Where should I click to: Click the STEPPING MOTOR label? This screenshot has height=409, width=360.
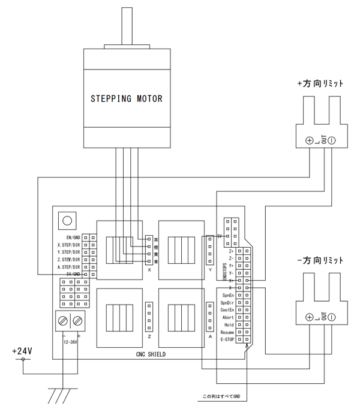click(x=126, y=98)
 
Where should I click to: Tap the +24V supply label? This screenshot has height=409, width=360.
click(x=22, y=350)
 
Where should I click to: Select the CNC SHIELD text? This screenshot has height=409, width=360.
click(x=151, y=354)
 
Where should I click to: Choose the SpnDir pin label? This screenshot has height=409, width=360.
click(x=227, y=303)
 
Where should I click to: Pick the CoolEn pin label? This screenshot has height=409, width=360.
click(x=227, y=310)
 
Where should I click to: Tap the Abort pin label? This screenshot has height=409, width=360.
click(x=229, y=317)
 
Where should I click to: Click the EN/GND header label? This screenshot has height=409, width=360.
click(x=73, y=237)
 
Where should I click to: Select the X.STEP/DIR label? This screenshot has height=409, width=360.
click(x=68, y=245)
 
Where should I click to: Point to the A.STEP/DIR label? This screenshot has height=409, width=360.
click(x=68, y=266)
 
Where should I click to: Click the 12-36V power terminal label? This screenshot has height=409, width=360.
click(x=71, y=342)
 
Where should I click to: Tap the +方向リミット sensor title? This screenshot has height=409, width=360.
click(x=320, y=83)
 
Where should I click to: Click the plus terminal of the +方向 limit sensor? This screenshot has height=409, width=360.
click(x=310, y=140)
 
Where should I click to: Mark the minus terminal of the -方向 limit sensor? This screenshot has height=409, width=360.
click(x=331, y=317)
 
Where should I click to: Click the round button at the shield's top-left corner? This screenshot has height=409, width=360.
click(x=65, y=220)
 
